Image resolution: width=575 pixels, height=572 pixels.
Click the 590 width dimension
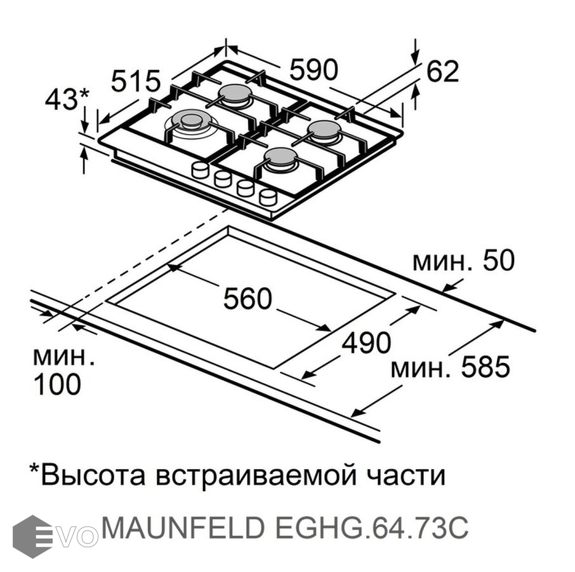[314, 69]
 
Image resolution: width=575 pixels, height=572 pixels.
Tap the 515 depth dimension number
[136, 81]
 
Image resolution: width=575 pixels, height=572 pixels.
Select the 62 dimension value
[442, 71]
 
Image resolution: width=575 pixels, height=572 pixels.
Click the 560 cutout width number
[247, 299]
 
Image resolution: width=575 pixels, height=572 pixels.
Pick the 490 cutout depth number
[366, 343]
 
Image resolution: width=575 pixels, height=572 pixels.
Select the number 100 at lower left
[56, 385]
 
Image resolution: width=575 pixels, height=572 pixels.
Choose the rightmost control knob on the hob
[268, 197]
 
